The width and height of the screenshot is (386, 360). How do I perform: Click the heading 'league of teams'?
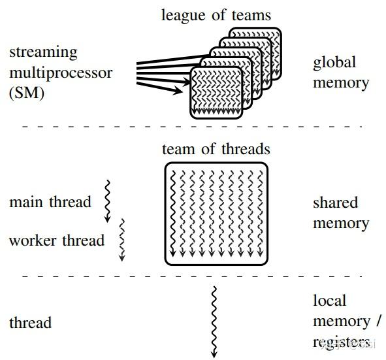(216, 14)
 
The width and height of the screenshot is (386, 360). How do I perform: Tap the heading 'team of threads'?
(216, 150)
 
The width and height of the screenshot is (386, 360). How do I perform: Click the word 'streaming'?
(43, 52)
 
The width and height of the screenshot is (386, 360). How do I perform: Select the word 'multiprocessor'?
(60, 72)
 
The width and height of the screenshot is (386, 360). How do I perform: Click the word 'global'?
(334, 63)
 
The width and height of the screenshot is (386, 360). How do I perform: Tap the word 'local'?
(330, 301)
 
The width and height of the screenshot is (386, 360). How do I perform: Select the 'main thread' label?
(50, 202)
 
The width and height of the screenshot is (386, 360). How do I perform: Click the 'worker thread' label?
(56, 240)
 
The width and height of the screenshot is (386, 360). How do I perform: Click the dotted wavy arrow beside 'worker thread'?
(121, 240)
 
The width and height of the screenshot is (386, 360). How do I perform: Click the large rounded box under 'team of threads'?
(216, 214)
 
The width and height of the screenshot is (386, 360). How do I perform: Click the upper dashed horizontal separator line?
(196, 125)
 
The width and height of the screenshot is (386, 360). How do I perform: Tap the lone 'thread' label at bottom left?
(30, 323)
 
